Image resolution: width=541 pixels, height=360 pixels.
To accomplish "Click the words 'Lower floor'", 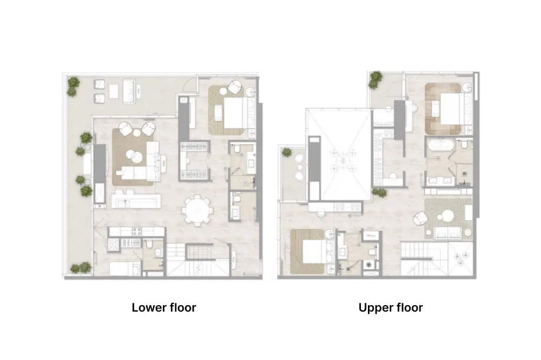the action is coord(164,307).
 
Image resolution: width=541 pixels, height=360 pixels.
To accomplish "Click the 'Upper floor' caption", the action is coord(390,307).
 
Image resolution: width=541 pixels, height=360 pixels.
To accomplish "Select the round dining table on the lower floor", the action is coord(197,210).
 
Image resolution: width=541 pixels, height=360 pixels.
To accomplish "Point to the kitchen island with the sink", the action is coord(136,201).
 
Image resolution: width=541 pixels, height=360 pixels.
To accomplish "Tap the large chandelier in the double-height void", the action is coord(343,160).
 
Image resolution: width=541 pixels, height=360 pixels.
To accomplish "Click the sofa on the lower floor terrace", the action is coord(129,91).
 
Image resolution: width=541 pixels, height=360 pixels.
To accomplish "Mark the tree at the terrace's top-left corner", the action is coord(73,86).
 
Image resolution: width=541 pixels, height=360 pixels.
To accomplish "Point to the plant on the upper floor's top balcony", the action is coord(376,80).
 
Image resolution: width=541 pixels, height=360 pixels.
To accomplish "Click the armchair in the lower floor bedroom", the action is coord(235,87).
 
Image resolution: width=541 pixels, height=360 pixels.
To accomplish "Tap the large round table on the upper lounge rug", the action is coord(448,216).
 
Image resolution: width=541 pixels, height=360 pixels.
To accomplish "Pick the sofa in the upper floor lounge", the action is coord(448,233).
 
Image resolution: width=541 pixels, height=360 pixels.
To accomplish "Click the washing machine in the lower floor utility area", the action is coord(113,244).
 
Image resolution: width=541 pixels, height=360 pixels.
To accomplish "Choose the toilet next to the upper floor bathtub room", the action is coord(464,144).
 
